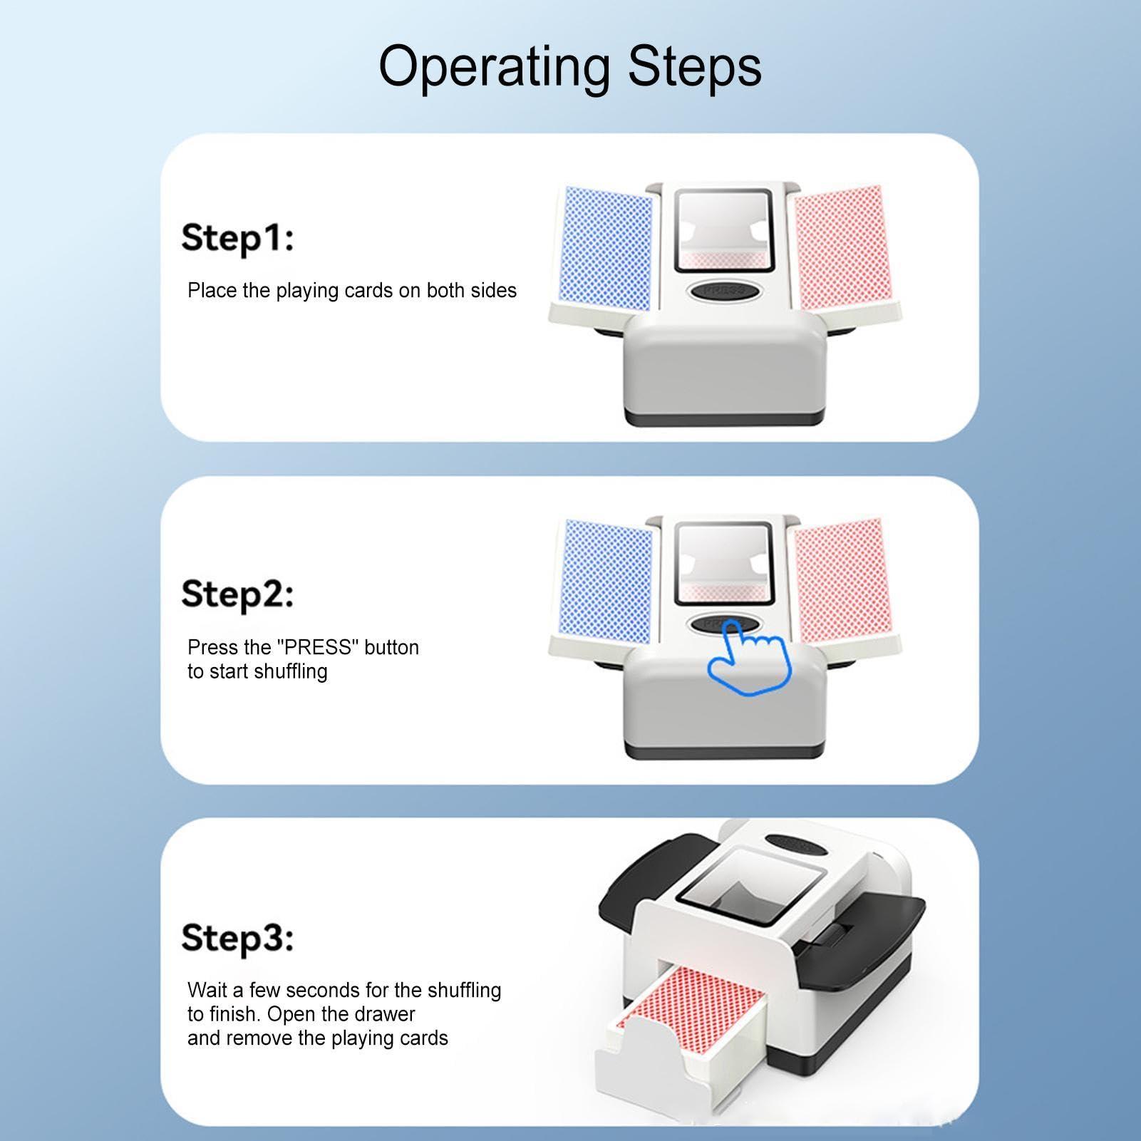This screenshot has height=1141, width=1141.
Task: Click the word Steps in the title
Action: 695,66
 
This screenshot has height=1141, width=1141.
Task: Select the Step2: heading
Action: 237,595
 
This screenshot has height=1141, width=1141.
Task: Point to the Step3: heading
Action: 237,938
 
